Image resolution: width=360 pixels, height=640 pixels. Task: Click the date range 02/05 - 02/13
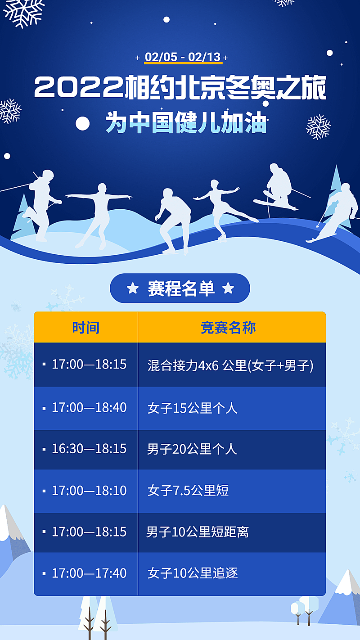pyautogui.click(x=182, y=57)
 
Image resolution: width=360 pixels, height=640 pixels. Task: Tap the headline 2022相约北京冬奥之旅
pyautogui.click(x=180, y=88)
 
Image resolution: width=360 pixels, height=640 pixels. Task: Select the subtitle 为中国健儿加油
pyautogui.click(x=186, y=122)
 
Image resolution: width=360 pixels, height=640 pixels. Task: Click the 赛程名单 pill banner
pyautogui.click(x=180, y=288)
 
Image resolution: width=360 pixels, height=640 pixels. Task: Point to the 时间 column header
pyautogui.click(x=85, y=327)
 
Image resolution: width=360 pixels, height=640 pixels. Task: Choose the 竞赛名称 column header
pyautogui.click(x=228, y=327)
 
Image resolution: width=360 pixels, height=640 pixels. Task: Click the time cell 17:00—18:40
pyautogui.click(x=89, y=408)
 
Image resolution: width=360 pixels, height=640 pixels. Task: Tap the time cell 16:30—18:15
pyautogui.click(x=89, y=449)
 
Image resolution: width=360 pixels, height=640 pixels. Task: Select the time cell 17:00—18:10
pyautogui.click(x=89, y=491)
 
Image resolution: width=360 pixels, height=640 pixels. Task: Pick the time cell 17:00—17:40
pyautogui.click(x=89, y=573)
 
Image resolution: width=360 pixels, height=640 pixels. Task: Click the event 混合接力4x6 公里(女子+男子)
pyautogui.click(x=230, y=365)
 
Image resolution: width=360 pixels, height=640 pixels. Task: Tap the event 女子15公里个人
pyautogui.click(x=192, y=408)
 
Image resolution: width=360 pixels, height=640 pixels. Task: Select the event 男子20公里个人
pyautogui.click(x=192, y=450)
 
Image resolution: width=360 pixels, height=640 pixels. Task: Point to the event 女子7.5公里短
pyautogui.click(x=188, y=491)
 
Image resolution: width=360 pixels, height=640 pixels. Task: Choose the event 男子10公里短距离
pyautogui.click(x=197, y=532)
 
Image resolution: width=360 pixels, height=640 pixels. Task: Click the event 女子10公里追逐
pyautogui.click(x=192, y=573)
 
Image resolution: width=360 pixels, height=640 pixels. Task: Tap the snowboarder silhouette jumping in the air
pyautogui.click(x=278, y=189)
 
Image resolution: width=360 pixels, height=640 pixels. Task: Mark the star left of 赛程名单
pyautogui.click(x=133, y=288)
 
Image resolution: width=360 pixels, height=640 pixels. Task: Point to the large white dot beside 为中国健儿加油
pyautogui.click(x=82, y=123)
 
